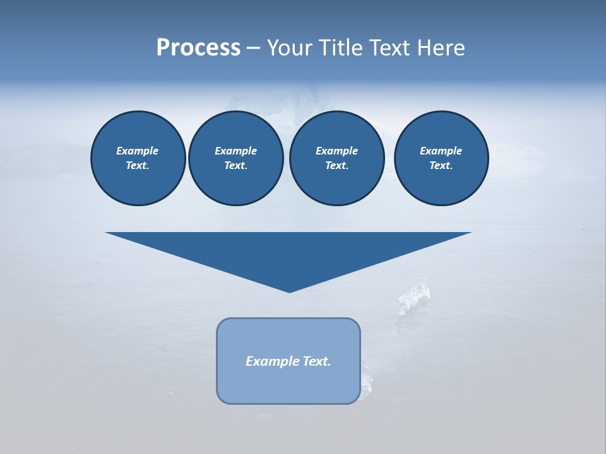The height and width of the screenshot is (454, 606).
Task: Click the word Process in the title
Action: pos(198,48)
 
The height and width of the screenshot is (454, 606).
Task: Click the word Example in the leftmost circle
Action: pos(138,151)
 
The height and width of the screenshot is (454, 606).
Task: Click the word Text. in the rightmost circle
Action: pos(441,166)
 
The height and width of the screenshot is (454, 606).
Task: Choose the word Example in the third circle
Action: pos(336,151)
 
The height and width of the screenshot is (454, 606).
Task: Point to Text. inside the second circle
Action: pos(235,166)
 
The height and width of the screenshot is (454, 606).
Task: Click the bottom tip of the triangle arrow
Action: pos(289,291)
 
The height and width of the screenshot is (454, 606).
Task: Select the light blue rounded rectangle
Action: pos(288,385)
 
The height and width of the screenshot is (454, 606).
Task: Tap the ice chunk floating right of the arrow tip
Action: pos(414,296)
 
